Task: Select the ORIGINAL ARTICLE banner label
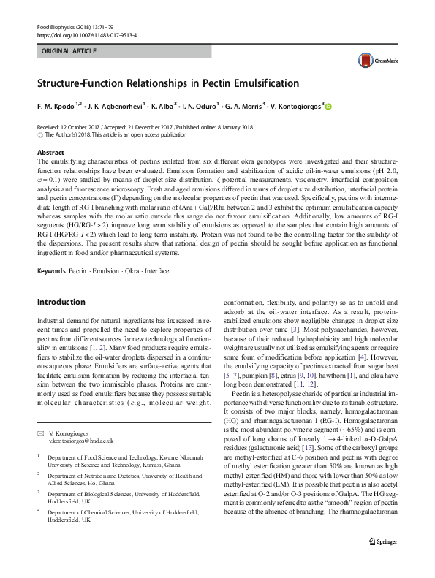coord(69,52)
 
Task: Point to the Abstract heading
coord(50,152)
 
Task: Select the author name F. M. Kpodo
coord(58,106)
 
